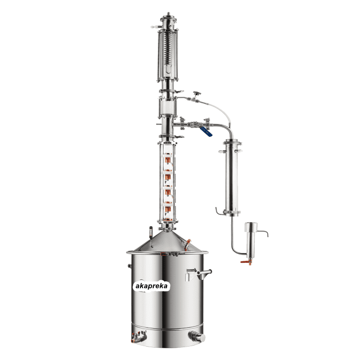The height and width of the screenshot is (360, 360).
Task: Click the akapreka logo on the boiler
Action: tap(152, 286)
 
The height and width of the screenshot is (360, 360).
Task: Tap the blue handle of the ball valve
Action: tap(206, 132)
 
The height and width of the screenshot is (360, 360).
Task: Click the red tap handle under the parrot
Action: tap(244, 262)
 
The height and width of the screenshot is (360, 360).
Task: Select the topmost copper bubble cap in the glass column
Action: tap(168, 159)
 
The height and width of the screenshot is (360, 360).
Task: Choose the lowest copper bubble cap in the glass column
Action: tap(168, 209)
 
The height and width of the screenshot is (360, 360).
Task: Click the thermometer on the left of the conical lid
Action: tap(151, 236)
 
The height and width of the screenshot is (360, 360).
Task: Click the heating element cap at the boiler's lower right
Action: tap(197, 337)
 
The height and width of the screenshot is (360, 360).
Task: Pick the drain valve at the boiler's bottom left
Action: tap(139, 337)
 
